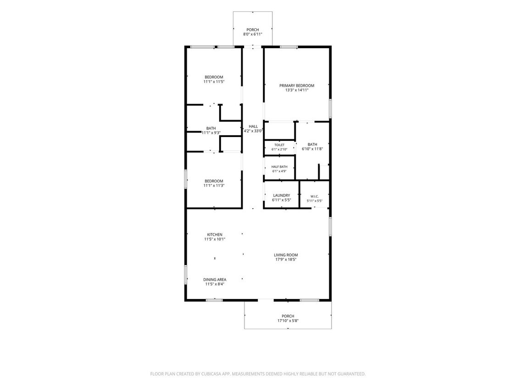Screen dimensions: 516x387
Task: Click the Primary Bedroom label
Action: tap(297, 86)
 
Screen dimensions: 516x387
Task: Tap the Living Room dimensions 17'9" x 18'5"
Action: tap(286, 260)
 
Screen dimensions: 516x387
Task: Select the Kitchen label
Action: tap(215, 235)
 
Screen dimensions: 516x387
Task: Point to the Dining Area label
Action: tap(215, 280)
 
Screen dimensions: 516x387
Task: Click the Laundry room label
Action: tap(281, 195)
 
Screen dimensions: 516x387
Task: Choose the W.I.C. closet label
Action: tap(315, 196)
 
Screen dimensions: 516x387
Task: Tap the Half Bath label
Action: tap(279, 167)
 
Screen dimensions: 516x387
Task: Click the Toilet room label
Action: tap(279, 145)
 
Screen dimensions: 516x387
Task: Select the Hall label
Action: tap(253, 127)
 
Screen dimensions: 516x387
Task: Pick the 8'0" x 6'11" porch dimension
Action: tap(253, 34)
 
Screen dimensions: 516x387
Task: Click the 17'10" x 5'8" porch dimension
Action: tap(288, 321)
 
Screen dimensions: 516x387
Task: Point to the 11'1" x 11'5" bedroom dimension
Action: tap(214, 82)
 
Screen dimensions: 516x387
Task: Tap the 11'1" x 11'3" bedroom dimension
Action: tap(214, 186)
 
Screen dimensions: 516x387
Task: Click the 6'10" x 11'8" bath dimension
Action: tap(312, 149)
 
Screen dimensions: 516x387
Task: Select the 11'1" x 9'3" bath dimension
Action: tap(211, 133)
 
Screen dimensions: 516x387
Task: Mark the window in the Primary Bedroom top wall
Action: tap(289, 47)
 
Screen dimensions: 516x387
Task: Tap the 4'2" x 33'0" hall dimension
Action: tap(253, 131)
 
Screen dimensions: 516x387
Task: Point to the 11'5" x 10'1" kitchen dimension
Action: tap(215, 239)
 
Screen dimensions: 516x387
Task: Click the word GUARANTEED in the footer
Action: tap(351, 374)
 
